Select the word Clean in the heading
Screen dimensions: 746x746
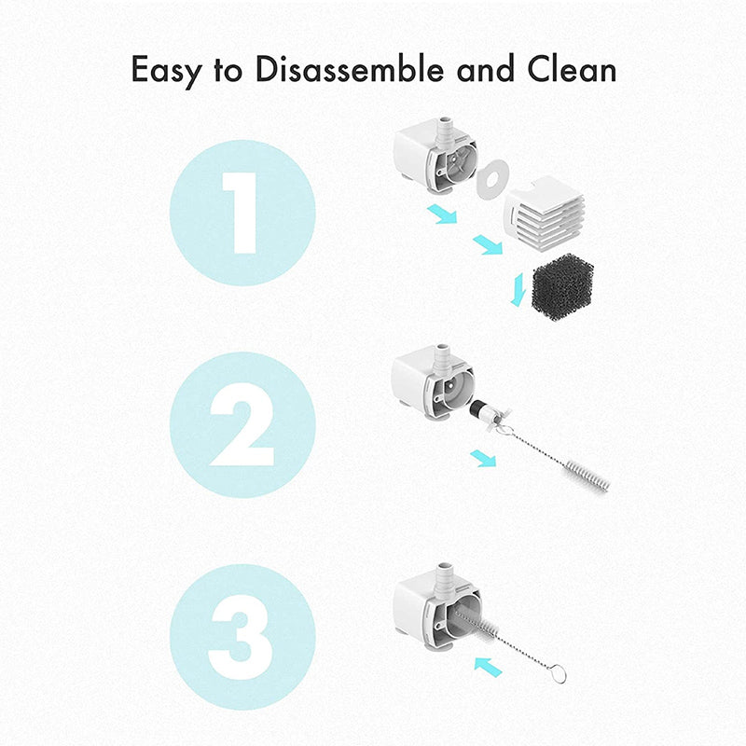[572, 70]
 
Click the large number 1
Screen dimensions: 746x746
[241, 212]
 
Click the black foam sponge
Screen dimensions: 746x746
[559, 285]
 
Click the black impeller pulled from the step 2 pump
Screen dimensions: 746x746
[477, 409]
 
